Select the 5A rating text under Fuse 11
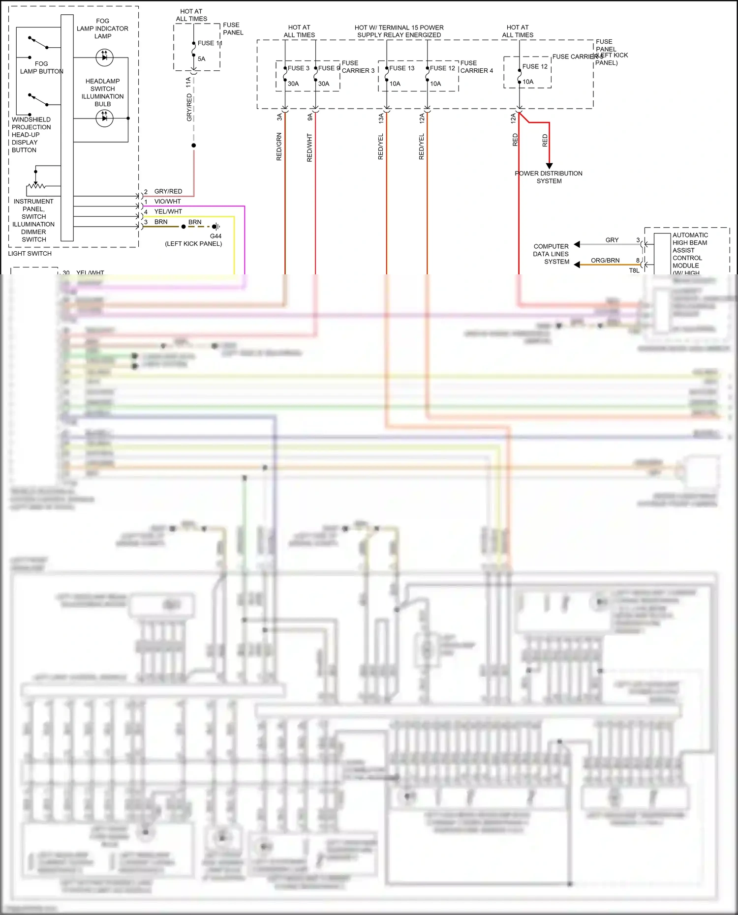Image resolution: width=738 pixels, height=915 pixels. coord(201,59)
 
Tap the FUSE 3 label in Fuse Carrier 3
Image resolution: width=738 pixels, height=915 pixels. coord(298,68)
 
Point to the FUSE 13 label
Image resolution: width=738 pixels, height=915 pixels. coord(401,68)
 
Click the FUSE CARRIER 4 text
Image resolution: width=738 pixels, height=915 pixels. coord(476,67)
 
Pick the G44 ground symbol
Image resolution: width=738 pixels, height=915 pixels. coord(216,227)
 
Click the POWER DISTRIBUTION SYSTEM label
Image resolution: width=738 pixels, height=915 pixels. coord(549,177)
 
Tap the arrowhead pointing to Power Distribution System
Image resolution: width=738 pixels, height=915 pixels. coord(549,166)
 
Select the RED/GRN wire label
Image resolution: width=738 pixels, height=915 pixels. coord(279,147)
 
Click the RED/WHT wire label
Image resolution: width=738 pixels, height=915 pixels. coord(309,147)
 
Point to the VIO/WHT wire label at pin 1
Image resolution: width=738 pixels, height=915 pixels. coord(167,202)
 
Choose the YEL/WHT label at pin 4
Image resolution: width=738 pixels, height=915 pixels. coord(168,212)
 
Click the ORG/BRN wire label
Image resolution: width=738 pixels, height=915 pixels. coord(605,261)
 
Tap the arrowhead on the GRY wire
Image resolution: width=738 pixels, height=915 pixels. coord(577,244)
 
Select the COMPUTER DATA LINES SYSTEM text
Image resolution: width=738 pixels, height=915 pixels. coord(551,254)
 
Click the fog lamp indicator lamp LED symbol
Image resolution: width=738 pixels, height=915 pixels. coord(104,58)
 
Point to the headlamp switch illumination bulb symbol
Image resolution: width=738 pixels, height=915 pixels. coord(104,118)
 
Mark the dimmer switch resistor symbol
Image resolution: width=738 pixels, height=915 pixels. coord(36,186)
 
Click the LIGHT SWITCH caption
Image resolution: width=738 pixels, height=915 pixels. coord(30,254)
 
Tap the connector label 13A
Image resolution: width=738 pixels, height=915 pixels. coord(381,118)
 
